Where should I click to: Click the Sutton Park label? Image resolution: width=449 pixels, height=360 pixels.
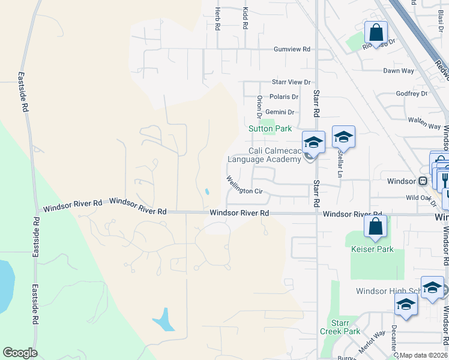(270, 128)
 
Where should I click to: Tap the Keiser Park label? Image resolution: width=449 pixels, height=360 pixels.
(372, 248)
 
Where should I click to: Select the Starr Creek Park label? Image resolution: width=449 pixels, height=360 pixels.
(345, 327)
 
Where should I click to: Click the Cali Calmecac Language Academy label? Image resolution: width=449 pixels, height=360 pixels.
(264, 155)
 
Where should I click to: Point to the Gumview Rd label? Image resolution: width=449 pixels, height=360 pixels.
(292, 49)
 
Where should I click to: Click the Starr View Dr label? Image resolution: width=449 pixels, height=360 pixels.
(292, 82)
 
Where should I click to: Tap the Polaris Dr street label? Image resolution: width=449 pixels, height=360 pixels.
(284, 97)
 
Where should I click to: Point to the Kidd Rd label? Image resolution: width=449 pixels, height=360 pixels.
(245, 19)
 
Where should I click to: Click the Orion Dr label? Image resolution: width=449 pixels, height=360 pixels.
(259, 106)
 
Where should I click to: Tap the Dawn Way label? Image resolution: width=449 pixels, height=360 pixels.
(399, 71)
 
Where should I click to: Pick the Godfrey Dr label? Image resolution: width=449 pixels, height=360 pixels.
(411, 94)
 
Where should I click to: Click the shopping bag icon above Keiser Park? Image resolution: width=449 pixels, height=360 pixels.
(375, 226)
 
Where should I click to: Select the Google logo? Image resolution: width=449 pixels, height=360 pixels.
(20, 353)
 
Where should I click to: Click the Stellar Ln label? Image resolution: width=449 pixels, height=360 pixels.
(340, 163)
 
